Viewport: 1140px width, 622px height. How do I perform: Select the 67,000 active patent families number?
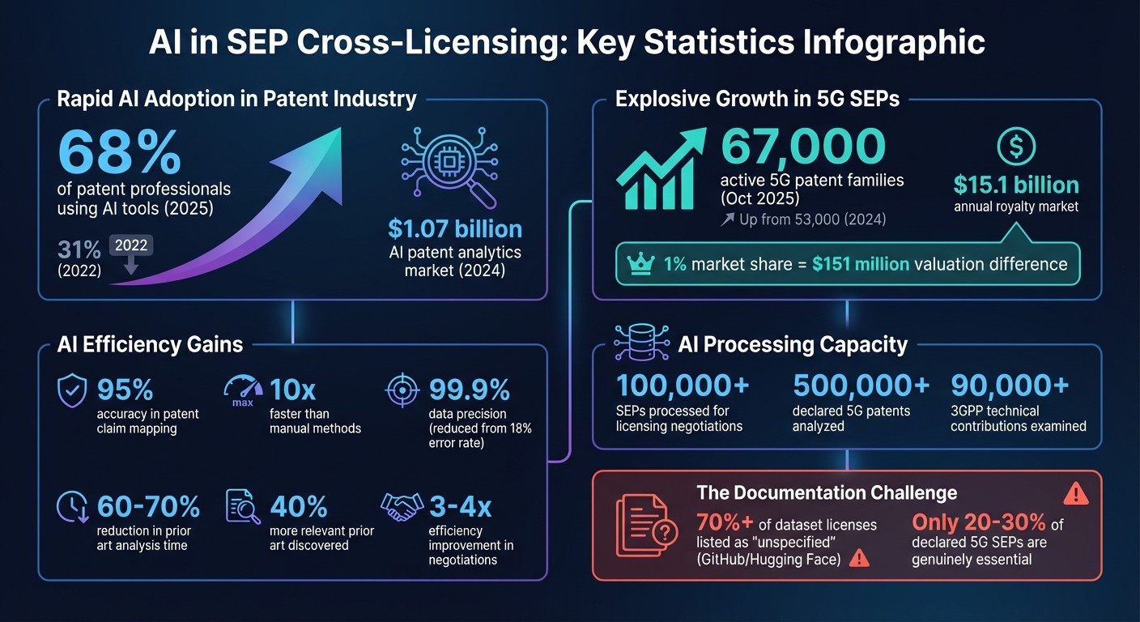pos(802,147)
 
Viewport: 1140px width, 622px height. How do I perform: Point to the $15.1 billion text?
pos(1015,185)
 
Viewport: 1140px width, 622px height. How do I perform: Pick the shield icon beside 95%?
pos(73,391)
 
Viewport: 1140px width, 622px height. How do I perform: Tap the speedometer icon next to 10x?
pos(243,392)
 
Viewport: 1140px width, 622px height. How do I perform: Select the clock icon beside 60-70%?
pos(73,507)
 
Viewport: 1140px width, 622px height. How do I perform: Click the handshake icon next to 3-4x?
pos(402,507)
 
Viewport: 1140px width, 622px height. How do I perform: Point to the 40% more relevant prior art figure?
pos(299,507)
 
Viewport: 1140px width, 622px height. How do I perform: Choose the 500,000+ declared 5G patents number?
pos(861,386)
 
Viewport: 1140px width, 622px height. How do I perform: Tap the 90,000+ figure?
pos(1010,386)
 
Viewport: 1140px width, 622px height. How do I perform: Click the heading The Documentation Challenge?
pos(826,492)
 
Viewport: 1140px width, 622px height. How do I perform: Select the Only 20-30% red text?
pos(979,523)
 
